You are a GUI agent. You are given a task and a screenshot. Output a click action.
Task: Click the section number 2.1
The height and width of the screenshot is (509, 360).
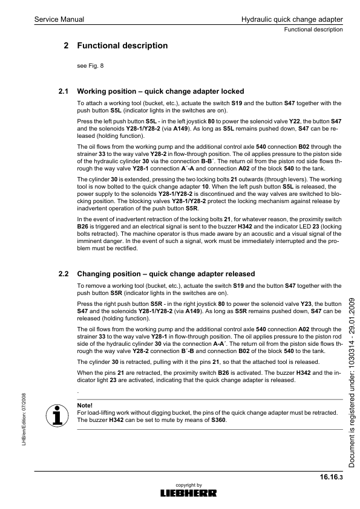[x=62, y=92]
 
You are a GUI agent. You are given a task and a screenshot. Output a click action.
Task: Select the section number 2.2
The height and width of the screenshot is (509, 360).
[x=62, y=274]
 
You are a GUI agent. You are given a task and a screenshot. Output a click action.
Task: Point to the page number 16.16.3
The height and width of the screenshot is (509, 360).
[x=332, y=478]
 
